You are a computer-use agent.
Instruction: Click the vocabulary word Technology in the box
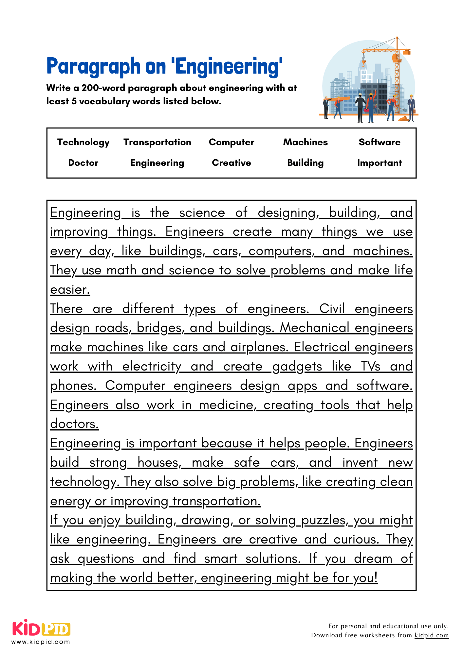click(83, 142)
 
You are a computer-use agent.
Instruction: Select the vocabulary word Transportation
click(157, 142)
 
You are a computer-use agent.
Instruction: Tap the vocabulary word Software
click(379, 142)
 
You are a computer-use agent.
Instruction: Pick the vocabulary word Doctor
click(83, 163)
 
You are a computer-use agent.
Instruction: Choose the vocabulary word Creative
click(231, 163)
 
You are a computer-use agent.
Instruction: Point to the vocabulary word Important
click(379, 163)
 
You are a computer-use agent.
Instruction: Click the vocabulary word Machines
click(305, 142)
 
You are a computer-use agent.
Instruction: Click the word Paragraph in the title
click(93, 66)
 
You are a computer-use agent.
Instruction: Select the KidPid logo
click(41, 628)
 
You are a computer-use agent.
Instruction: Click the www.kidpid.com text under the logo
click(41, 642)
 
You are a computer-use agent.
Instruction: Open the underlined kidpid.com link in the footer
click(431, 635)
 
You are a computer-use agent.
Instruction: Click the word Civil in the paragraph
click(332, 309)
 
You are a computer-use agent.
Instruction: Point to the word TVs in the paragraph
click(370, 366)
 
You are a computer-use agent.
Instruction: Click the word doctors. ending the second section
click(74, 424)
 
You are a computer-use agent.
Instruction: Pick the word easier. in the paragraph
click(70, 290)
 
